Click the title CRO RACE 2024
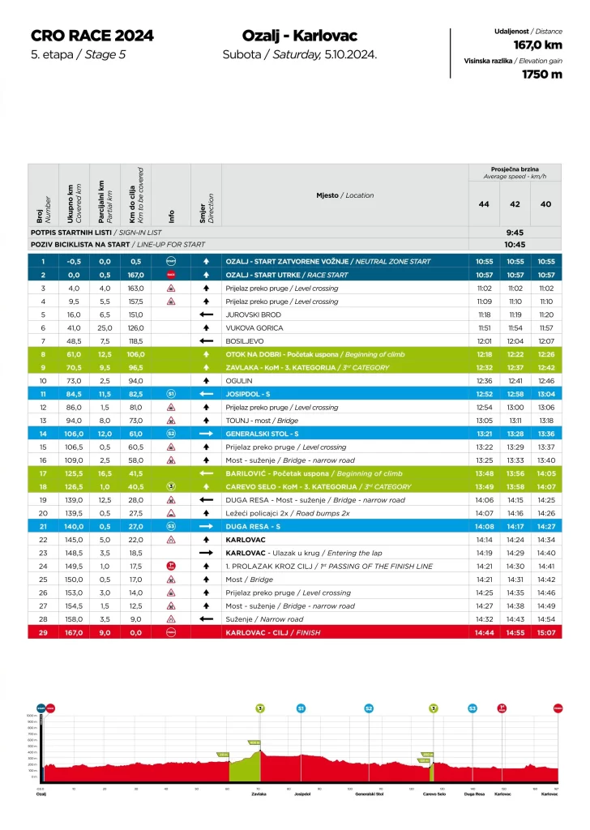pyautogui.click(x=92, y=36)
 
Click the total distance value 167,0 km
pyautogui.click(x=537, y=45)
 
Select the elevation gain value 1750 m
pyautogui.click(x=541, y=75)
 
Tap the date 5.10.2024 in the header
pyautogui.click(x=350, y=55)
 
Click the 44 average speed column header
pyautogui.click(x=484, y=203)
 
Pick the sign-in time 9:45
pyautogui.click(x=515, y=232)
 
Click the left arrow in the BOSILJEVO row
pyautogui.click(x=206, y=340)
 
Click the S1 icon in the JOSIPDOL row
pyautogui.click(x=171, y=393)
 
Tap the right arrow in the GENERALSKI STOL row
pyautogui.click(x=206, y=433)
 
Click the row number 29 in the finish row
pyautogui.click(x=43, y=631)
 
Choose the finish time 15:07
pyautogui.click(x=546, y=631)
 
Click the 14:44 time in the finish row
pyautogui.click(x=484, y=631)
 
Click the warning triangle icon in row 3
pyautogui.click(x=171, y=288)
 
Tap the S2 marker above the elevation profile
pyautogui.click(x=369, y=708)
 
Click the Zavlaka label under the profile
pyautogui.click(x=258, y=794)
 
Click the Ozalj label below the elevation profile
pyautogui.click(x=41, y=794)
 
